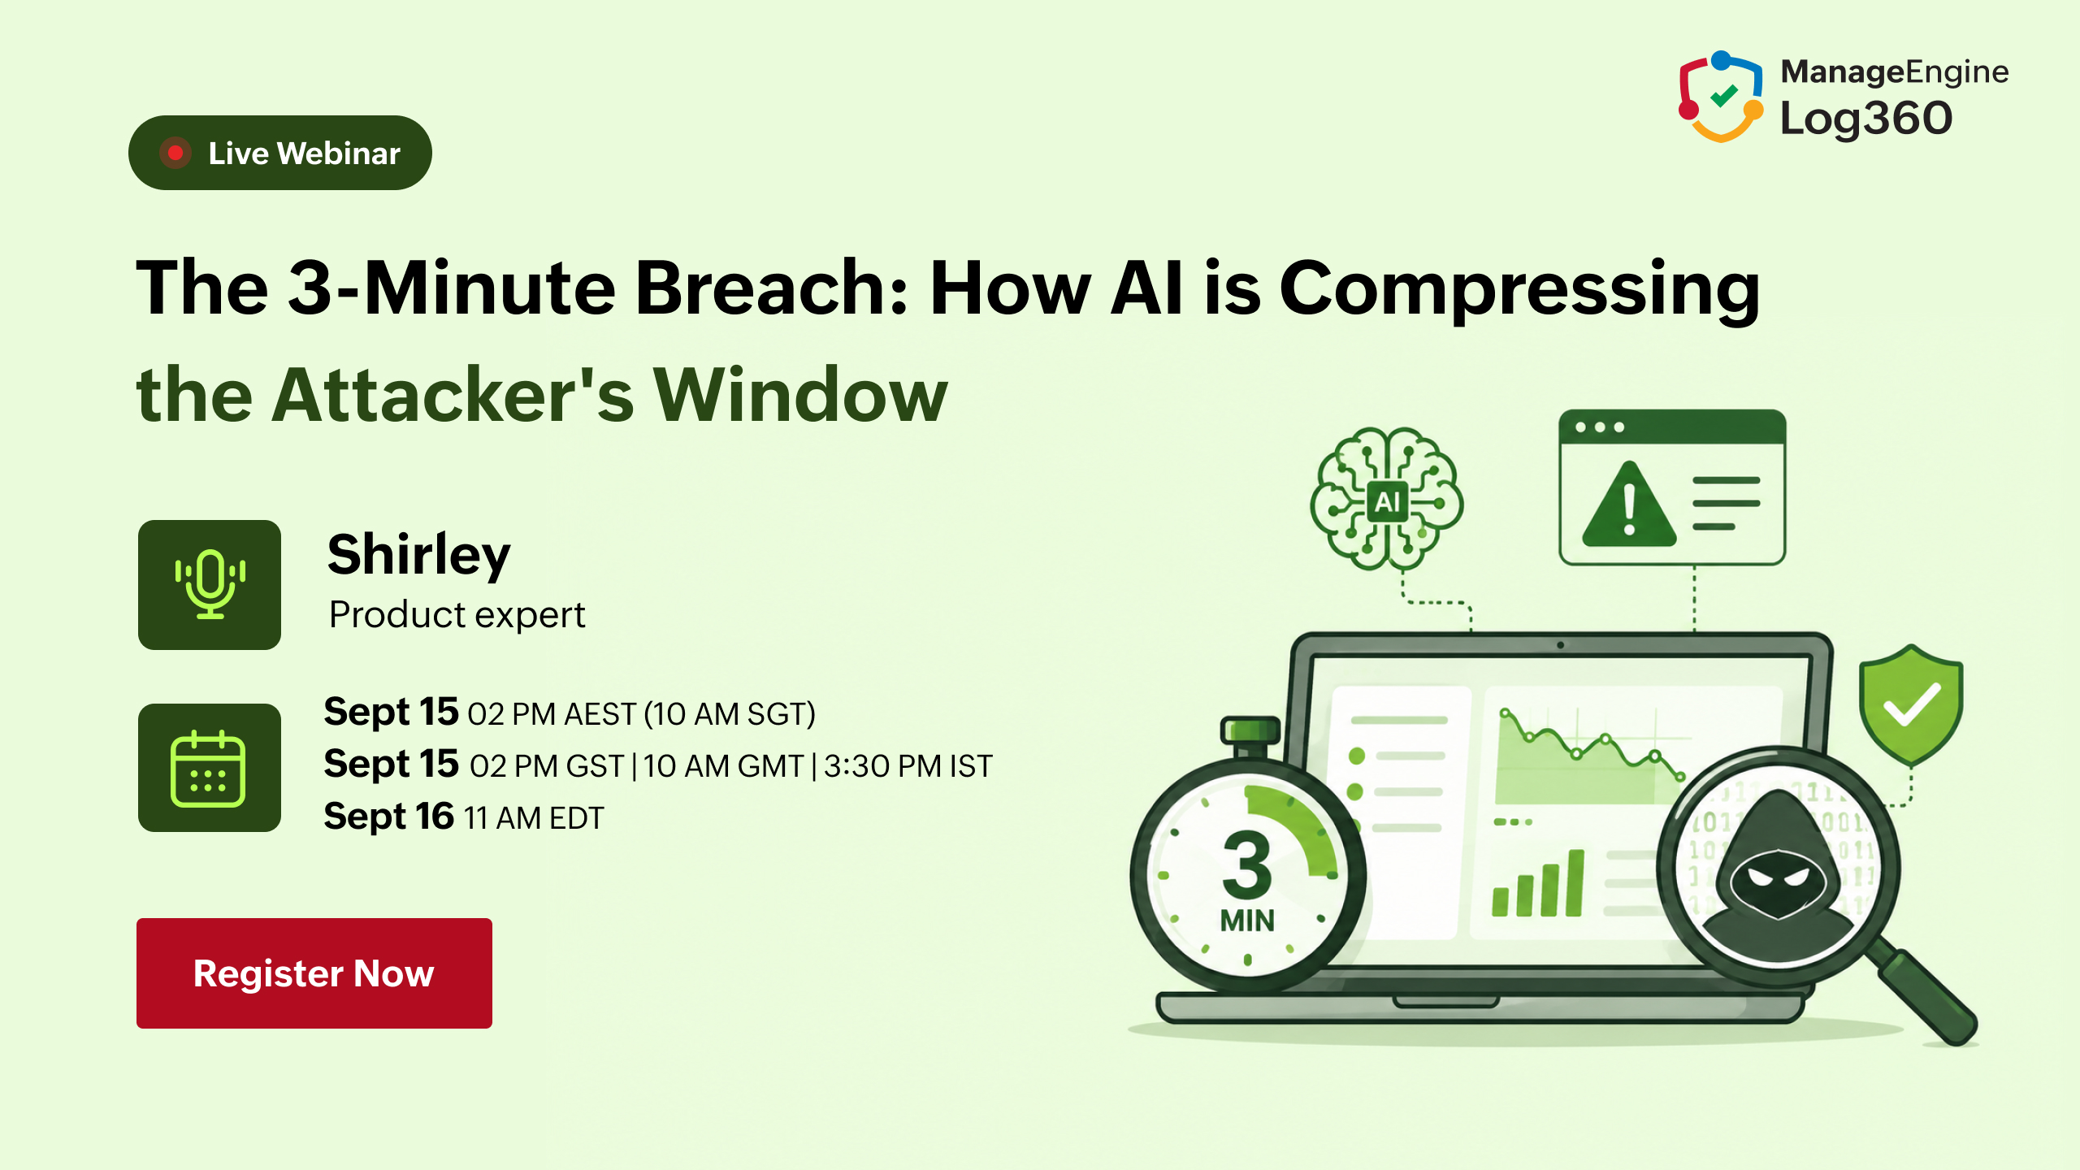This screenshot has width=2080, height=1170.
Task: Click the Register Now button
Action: [314, 973]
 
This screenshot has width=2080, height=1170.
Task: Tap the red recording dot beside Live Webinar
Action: [175, 153]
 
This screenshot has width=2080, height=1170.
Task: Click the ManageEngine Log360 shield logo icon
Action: [1721, 97]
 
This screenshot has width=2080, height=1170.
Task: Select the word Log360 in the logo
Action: [1866, 119]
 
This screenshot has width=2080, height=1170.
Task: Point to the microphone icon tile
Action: [210, 584]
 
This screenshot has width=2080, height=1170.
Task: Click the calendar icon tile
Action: [210, 768]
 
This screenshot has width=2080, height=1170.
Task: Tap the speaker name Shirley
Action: [419, 556]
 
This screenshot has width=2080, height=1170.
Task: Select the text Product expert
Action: [457, 615]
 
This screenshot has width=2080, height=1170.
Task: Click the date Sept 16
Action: [389, 817]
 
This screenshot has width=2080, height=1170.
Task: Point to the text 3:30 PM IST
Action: [908, 766]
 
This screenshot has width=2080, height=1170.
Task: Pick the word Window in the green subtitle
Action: [801, 395]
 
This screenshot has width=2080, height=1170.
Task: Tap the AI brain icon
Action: [1387, 499]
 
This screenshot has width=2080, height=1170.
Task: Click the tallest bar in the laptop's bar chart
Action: [1575, 883]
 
